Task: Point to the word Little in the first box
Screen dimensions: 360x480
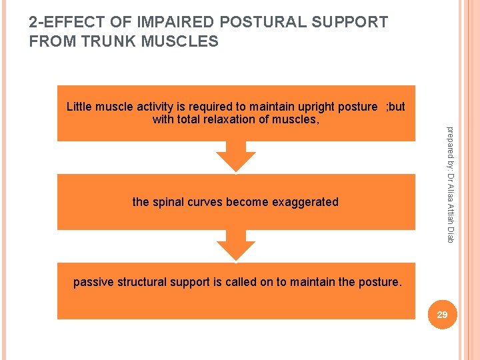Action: tap(79, 107)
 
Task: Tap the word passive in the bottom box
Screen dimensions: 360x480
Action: tap(93, 282)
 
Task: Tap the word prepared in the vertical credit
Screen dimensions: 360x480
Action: tap(450, 141)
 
